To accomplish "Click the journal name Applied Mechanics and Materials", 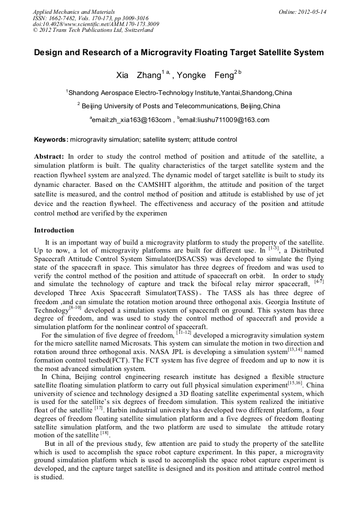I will click(x=74, y=11).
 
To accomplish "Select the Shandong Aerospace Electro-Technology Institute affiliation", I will click(x=180, y=93).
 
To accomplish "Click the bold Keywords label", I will click(x=51, y=140).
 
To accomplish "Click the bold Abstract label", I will click(x=49, y=157).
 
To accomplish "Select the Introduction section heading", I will click(x=54, y=230).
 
